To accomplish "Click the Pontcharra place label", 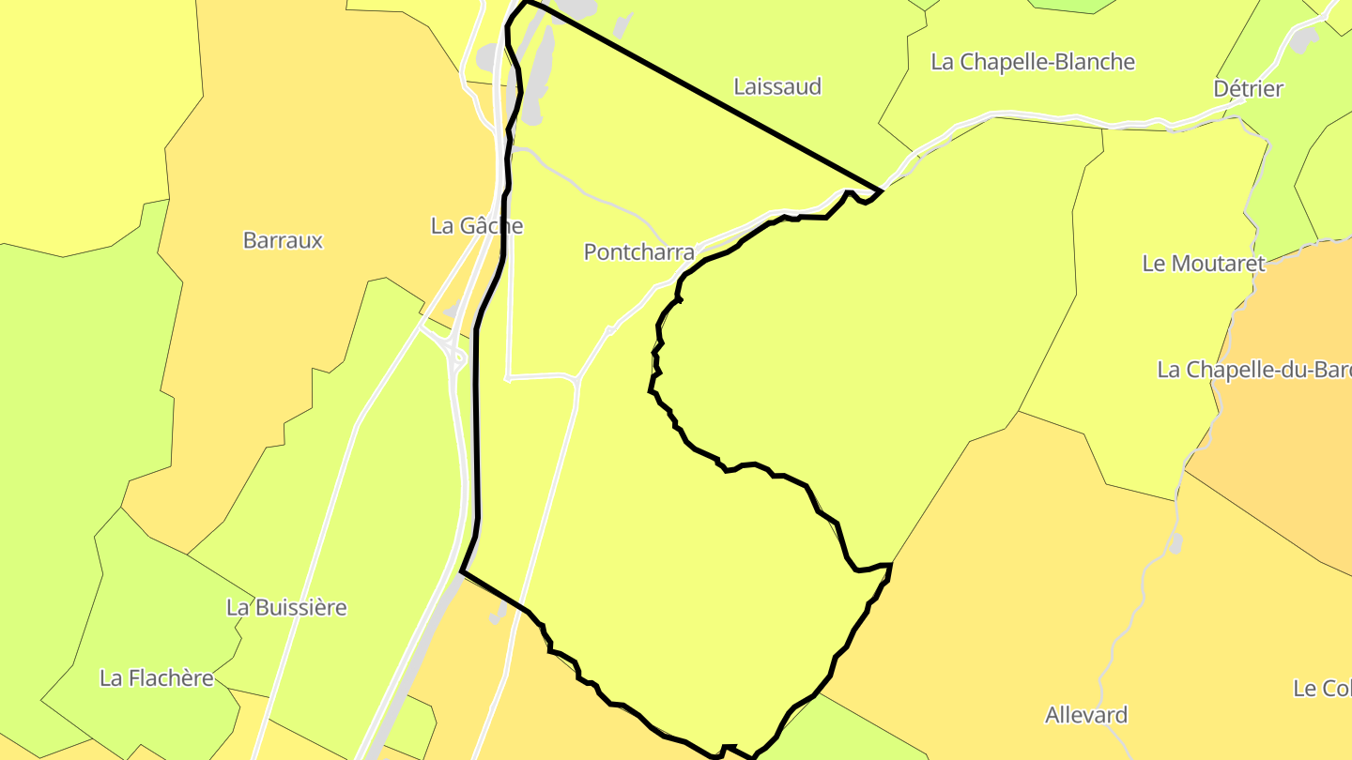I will point(638,251).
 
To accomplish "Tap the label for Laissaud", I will point(776,86).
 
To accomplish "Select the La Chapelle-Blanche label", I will point(1032,62).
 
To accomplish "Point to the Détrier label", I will point(1248,88).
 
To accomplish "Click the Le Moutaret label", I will point(1203,264).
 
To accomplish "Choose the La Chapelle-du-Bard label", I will point(1253,370).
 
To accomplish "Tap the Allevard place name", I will point(1086,715).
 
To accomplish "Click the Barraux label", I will point(283,240).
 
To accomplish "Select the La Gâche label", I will point(476,226).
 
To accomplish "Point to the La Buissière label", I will point(286,607).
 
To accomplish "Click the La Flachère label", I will point(157,677).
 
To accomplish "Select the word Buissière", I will point(300,607).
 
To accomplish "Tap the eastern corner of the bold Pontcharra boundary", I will point(881,190).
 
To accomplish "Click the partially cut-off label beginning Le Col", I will point(1322,689).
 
